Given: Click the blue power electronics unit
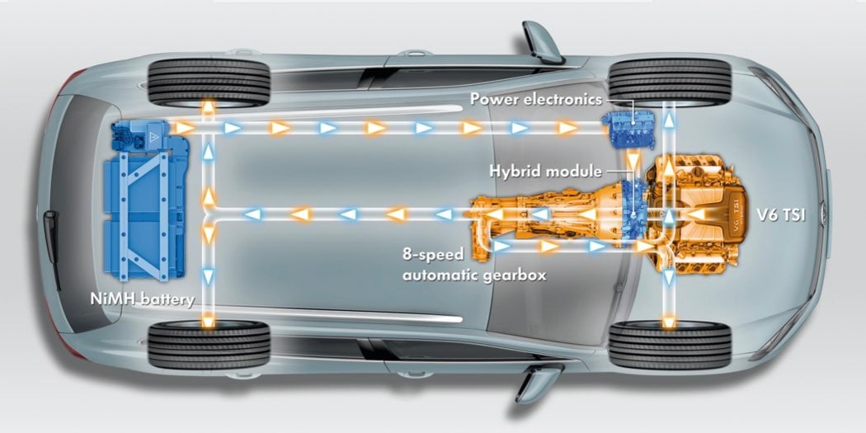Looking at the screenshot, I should pyautogui.click(x=630, y=128).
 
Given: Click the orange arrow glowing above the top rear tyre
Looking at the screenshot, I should pyautogui.click(x=208, y=107).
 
